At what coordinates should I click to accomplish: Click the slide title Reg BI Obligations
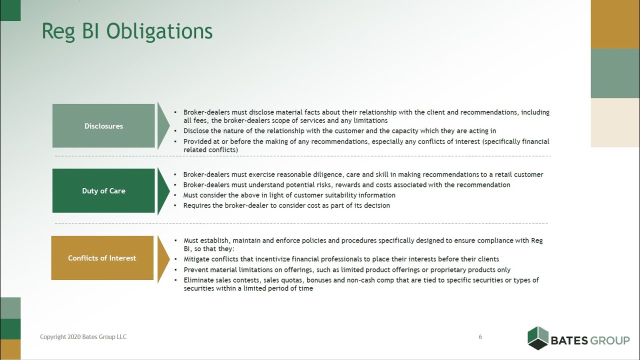[127, 31]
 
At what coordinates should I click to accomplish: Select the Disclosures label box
[103, 126]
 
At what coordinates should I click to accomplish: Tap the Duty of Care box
[103, 191]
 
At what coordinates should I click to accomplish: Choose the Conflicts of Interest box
[102, 258]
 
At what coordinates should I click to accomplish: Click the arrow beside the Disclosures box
[163, 126]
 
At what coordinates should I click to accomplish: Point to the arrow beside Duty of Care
[163, 191]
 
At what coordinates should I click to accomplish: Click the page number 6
[480, 337]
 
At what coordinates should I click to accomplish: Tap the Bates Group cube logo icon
[538, 337]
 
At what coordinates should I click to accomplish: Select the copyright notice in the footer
[83, 337]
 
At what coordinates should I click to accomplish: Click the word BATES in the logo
[568, 341]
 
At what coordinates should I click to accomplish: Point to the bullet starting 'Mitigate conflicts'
[341, 259]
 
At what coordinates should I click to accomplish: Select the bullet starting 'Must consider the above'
[289, 195]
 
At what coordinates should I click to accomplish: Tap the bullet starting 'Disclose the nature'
[339, 131]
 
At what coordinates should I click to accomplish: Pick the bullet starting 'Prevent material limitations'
[347, 269]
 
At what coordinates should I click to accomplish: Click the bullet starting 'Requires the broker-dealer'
[286, 205]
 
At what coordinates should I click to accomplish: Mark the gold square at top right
[615, 24]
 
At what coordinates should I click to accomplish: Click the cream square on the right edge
[615, 122]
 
